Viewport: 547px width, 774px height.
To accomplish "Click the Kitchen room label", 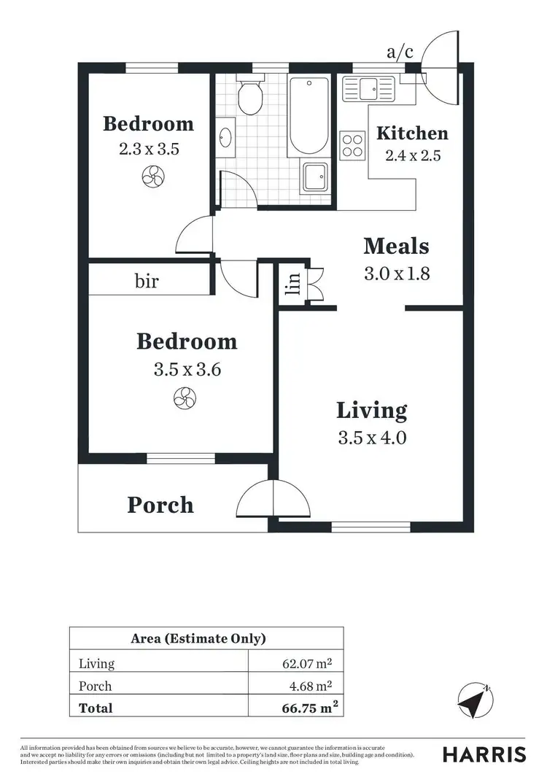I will [411, 133].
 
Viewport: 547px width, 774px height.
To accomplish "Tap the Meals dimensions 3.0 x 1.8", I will [396, 274].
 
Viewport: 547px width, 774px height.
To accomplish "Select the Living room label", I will [371, 410].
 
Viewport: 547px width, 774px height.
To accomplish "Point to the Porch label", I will [160, 505].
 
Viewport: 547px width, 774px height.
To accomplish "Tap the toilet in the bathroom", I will [251, 98].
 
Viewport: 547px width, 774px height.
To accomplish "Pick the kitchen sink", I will [369, 89].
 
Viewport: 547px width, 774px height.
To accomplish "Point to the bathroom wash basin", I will [226, 136].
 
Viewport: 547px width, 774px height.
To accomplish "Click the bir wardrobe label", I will [147, 281].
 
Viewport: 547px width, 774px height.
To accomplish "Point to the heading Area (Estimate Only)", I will [198, 639].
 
